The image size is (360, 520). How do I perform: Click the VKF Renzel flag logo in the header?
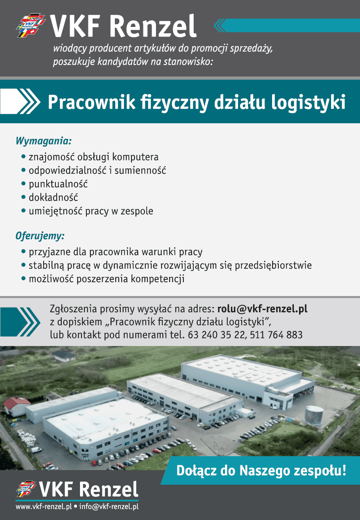pyautogui.click(x=30, y=25)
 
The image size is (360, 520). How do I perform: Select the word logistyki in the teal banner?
pyautogui.click(x=308, y=103)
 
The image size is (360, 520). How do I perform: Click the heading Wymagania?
pyautogui.click(x=44, y=141)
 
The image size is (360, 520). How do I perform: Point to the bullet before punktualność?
pyautogui.click(x=23, y=184)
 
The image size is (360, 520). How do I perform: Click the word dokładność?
pyautogui.click(x=53, y=197)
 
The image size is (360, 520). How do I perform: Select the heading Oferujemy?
pyautogui.click(x=40, y=236)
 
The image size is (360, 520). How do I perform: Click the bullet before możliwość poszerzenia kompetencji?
pyautogui.click(x=23, y=278)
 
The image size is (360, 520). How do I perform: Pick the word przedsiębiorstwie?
pyautogui.click(x=273, y=265)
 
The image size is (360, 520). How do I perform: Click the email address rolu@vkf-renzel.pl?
pyautogui.click(x=262, y=309)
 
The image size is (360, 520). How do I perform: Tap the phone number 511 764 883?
pyautogui.click(x=276, y=335)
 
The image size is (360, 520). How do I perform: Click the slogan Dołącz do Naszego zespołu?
pyautogui.click(x=261, y=471)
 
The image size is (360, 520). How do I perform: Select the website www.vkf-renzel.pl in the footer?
pyautogui.click(x=44, y=506)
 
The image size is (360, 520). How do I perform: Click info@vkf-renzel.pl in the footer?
pyautogui.click(x=109, y=506)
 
